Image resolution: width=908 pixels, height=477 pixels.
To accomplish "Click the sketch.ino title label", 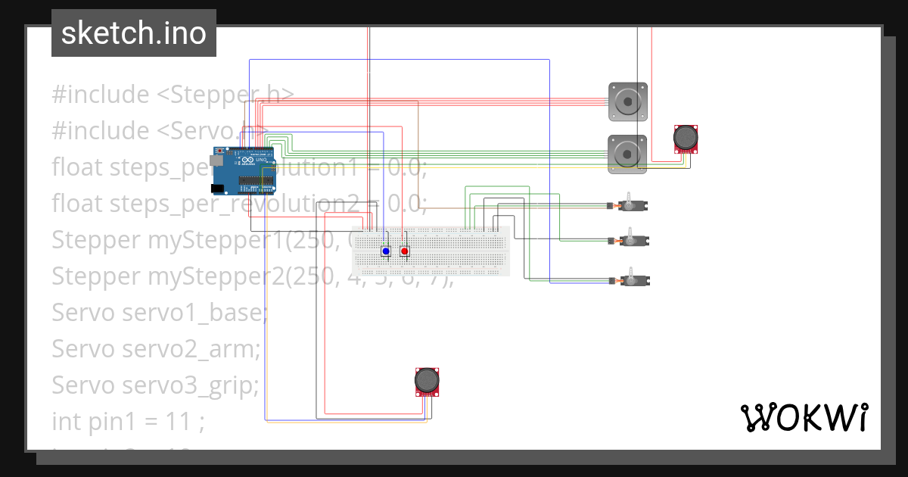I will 134,33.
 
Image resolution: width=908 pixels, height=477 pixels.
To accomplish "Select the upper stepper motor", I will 628,101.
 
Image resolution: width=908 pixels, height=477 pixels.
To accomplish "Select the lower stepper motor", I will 628,154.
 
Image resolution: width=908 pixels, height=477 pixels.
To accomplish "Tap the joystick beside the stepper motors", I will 686,139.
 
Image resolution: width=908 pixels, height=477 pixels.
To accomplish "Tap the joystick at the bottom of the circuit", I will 428,381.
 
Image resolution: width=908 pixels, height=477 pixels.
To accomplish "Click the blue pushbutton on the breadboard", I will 386,251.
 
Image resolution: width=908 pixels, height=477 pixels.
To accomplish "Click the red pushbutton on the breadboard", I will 405,251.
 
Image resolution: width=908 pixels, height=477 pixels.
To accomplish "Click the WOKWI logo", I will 804,417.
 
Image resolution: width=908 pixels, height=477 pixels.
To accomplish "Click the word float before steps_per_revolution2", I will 78,204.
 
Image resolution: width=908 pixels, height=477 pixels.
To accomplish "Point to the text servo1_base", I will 194,313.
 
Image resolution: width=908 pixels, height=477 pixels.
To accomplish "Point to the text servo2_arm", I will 191,349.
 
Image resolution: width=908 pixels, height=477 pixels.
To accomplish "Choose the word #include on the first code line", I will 101,95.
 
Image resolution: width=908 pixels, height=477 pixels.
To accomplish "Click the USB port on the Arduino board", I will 218,161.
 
